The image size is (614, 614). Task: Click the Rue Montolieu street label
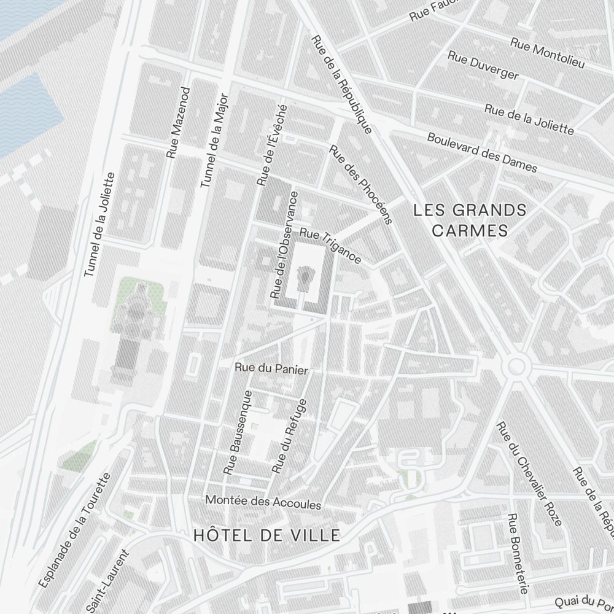547,52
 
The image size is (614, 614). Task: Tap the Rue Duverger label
483,66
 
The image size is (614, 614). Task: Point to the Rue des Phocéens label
360,185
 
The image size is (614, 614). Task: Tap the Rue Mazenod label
178,122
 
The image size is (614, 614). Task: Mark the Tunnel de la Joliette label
99,224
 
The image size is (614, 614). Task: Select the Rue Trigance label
330,246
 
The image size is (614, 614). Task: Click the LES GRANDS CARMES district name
470,220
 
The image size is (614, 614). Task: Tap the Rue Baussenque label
239,432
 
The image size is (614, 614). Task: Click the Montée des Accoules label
263,502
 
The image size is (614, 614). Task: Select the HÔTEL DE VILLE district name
266,535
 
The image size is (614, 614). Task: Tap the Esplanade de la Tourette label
74,530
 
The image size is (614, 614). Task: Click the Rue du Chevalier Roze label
529,473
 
